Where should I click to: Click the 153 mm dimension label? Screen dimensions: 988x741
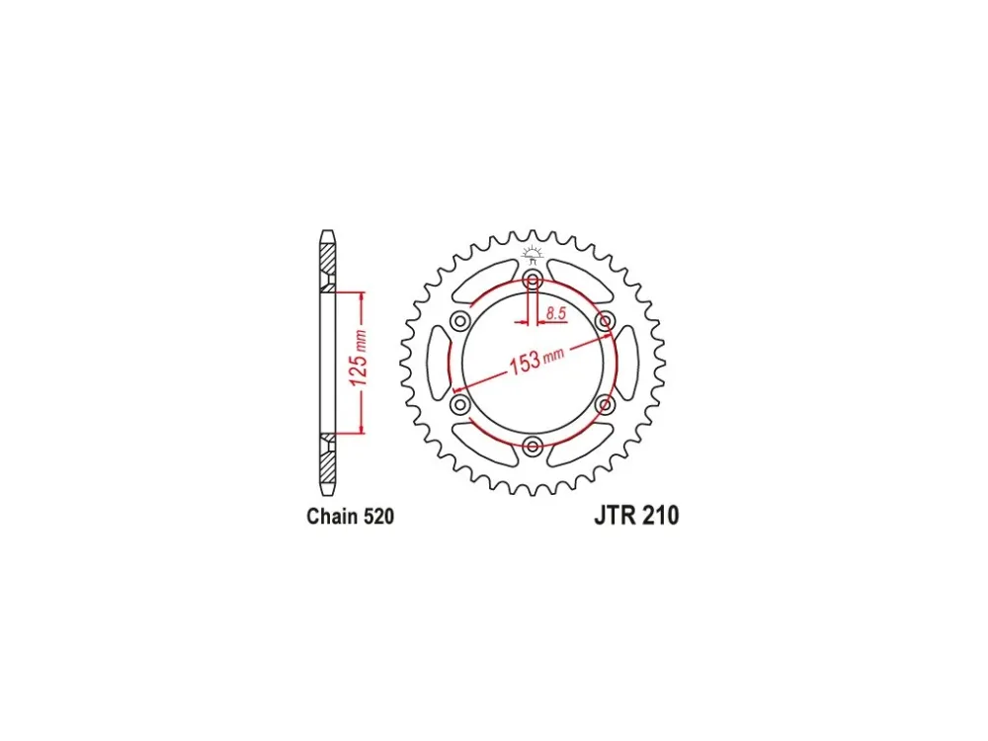click(536, 360)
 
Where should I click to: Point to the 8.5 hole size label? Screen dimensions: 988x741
click(556, 313)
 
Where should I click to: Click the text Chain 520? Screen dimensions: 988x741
click(351, 516)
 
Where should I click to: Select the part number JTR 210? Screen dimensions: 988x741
click(636, 516)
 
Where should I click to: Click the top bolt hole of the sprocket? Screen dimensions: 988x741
click(534, 280)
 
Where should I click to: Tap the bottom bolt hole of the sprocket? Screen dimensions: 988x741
click(534, 447)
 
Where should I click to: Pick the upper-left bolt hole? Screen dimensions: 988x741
click(460, 321)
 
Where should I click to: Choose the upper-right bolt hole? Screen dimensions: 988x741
click(606, 321)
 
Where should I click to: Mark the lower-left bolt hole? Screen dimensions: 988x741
click(460, 404)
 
